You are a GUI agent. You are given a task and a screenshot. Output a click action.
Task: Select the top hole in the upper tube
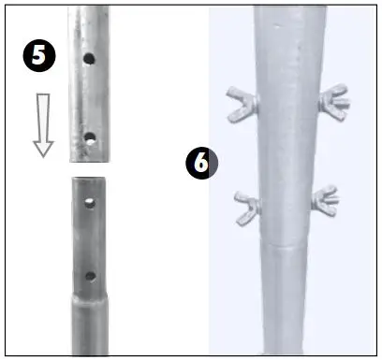tap(88, 58)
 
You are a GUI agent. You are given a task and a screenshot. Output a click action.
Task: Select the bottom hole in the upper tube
tap(90, 137)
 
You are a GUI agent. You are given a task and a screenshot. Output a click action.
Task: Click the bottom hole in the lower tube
tap(90, 276)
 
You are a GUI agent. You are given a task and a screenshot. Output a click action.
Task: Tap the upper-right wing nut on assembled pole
tap(331, 99)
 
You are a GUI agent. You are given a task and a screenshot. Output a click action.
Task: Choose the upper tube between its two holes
tap(89, 98)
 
